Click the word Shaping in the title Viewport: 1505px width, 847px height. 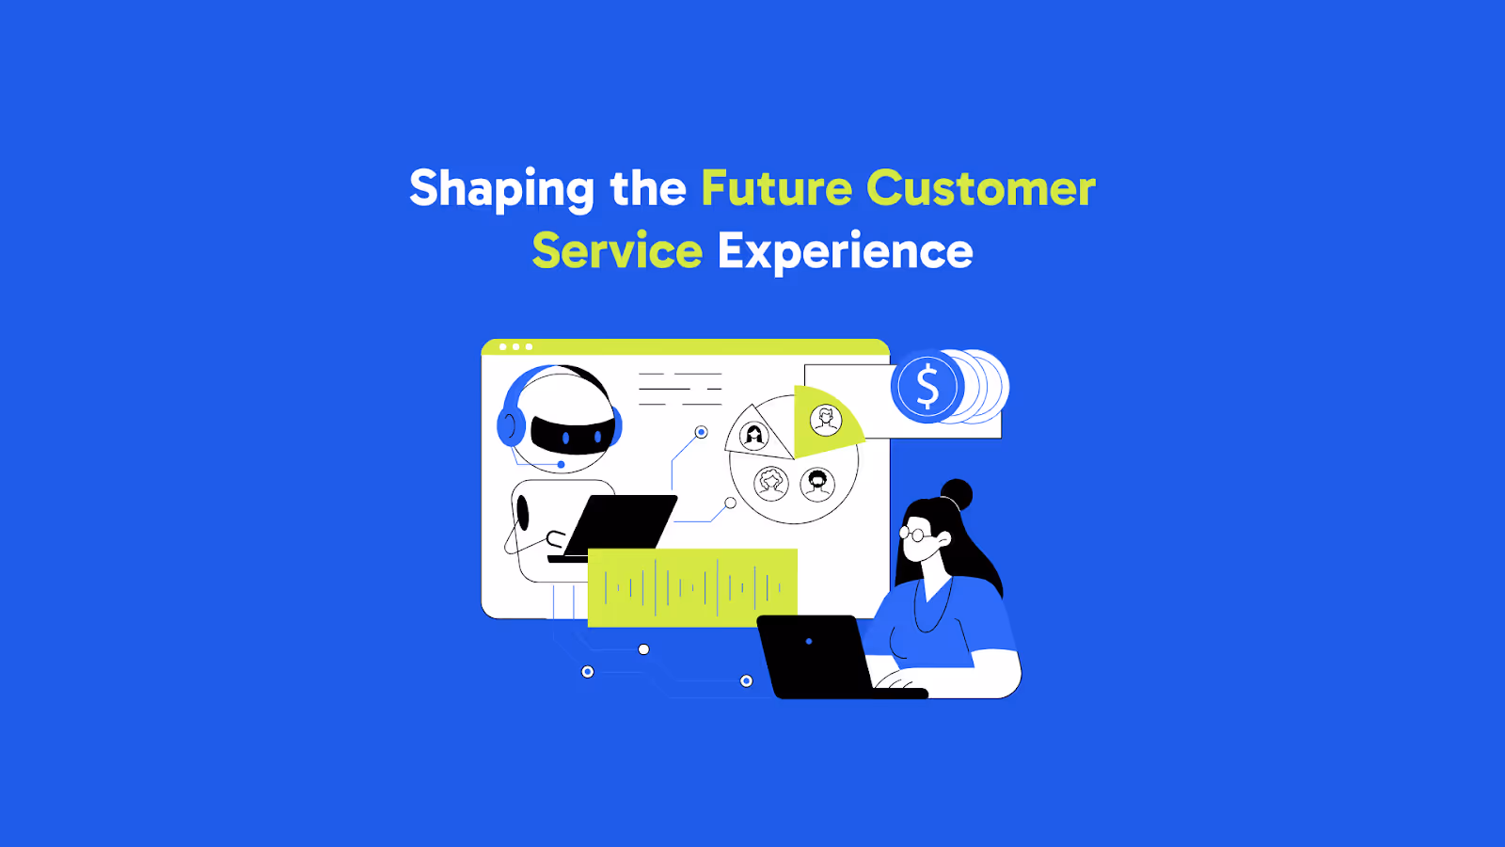point(501,188)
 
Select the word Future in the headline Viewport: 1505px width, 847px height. point(777,188)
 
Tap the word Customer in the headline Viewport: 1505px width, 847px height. point(981,188)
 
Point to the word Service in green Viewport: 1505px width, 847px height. point(617,251)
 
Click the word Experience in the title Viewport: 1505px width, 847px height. point(845,251)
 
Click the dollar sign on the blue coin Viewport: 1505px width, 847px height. point(927,387)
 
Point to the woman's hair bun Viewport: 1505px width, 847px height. point(957,493)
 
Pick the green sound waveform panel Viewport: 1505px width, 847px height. point(692,588)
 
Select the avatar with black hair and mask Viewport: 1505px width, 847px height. point(817,484)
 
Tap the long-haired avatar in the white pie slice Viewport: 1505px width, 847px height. point(754,435)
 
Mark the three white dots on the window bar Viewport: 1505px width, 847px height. point(515,347)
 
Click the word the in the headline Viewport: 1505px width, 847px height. point(648,188)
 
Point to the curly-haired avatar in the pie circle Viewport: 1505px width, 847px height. point(772,482)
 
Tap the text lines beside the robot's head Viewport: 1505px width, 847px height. point(680,389)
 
